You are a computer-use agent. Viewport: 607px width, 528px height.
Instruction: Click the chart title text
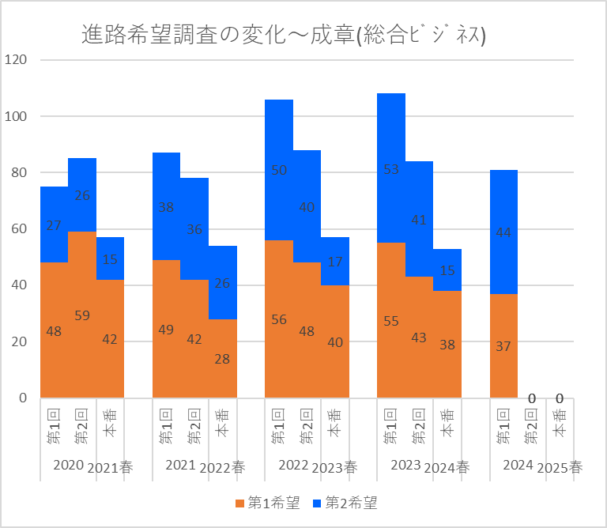[283, 36]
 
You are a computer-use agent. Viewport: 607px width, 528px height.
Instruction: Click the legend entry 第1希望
[267, 503]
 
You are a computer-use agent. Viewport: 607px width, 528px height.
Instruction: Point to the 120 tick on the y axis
[16, 60]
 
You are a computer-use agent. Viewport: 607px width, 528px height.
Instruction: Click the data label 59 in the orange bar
[81, 315]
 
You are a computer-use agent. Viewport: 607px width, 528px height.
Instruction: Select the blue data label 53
[390, 168]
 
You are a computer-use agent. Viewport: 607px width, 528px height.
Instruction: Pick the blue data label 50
[278, 170]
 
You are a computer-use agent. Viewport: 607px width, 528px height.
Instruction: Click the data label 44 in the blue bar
[503, 232]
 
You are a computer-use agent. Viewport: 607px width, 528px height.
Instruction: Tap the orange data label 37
[503, 345]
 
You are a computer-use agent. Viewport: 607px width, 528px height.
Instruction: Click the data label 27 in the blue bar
[54, 224]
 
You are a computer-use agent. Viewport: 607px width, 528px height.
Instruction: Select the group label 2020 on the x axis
[67, 465]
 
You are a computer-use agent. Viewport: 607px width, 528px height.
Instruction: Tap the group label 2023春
[335, 467]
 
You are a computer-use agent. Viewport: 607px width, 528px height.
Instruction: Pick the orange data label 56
[278, 319]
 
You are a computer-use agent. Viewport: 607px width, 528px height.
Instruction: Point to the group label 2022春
[223, 467]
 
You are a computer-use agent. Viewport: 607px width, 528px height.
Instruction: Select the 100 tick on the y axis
[16, 116]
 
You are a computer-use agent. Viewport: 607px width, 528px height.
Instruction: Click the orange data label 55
[390, 321]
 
